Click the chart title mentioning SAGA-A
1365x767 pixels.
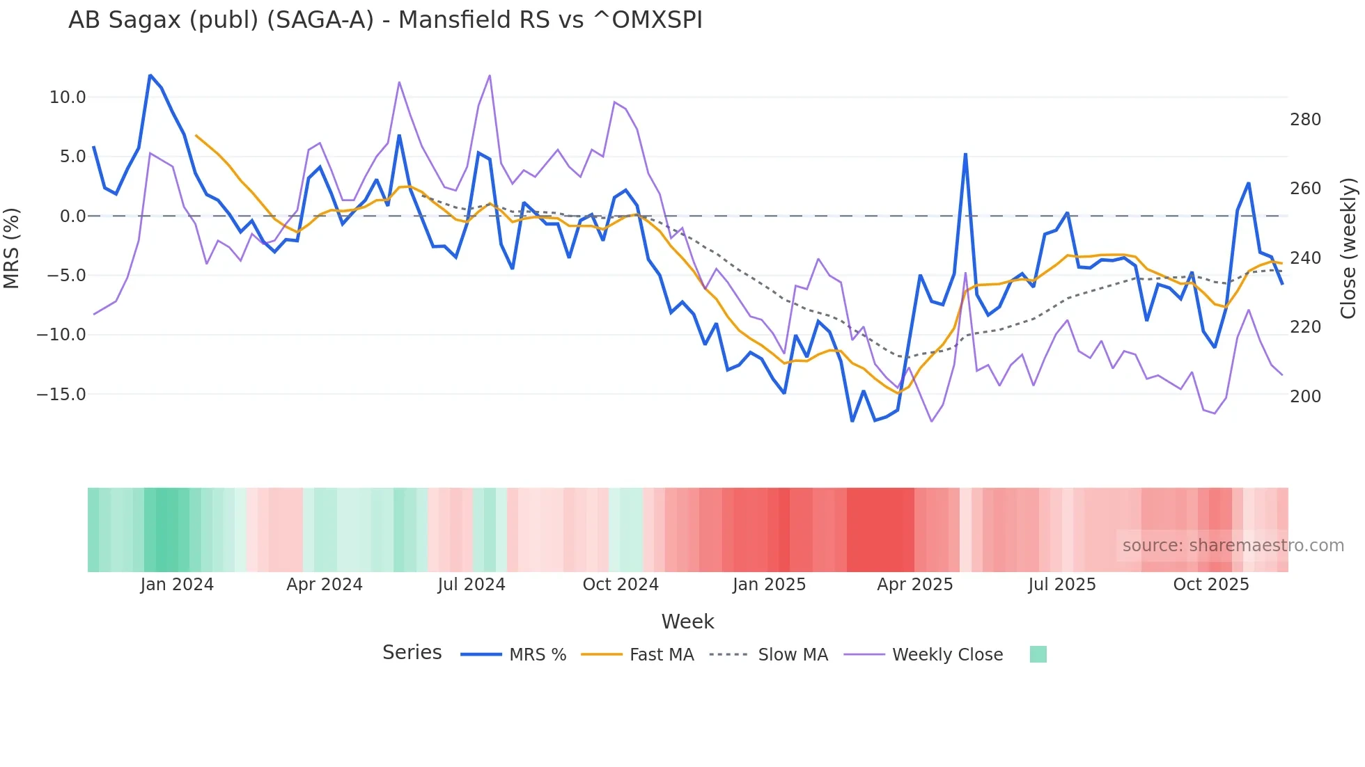tap(385, 20)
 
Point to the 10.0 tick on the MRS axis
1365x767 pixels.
tap(68, 97)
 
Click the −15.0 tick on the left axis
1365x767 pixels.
tap(61, 395)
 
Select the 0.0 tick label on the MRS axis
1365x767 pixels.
tap(72, 216)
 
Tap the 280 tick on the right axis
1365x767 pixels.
tap(1305, 120)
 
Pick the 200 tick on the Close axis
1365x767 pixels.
tap(1305, 397)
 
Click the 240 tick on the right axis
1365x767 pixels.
tap(1305, 258)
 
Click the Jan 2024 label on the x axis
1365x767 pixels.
tap(177, 585)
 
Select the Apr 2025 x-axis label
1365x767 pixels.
tap(914, 585)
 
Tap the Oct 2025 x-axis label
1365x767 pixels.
tap(1211, 585)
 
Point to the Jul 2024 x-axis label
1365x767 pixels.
tap(471, 585)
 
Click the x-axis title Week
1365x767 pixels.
tap(687, 622)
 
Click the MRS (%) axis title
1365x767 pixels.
tap(11, 248)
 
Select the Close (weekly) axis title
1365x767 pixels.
tap(1348, 248)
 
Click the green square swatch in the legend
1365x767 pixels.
tap(1038, 654)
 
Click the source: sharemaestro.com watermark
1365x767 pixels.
tap(1233, 546)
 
